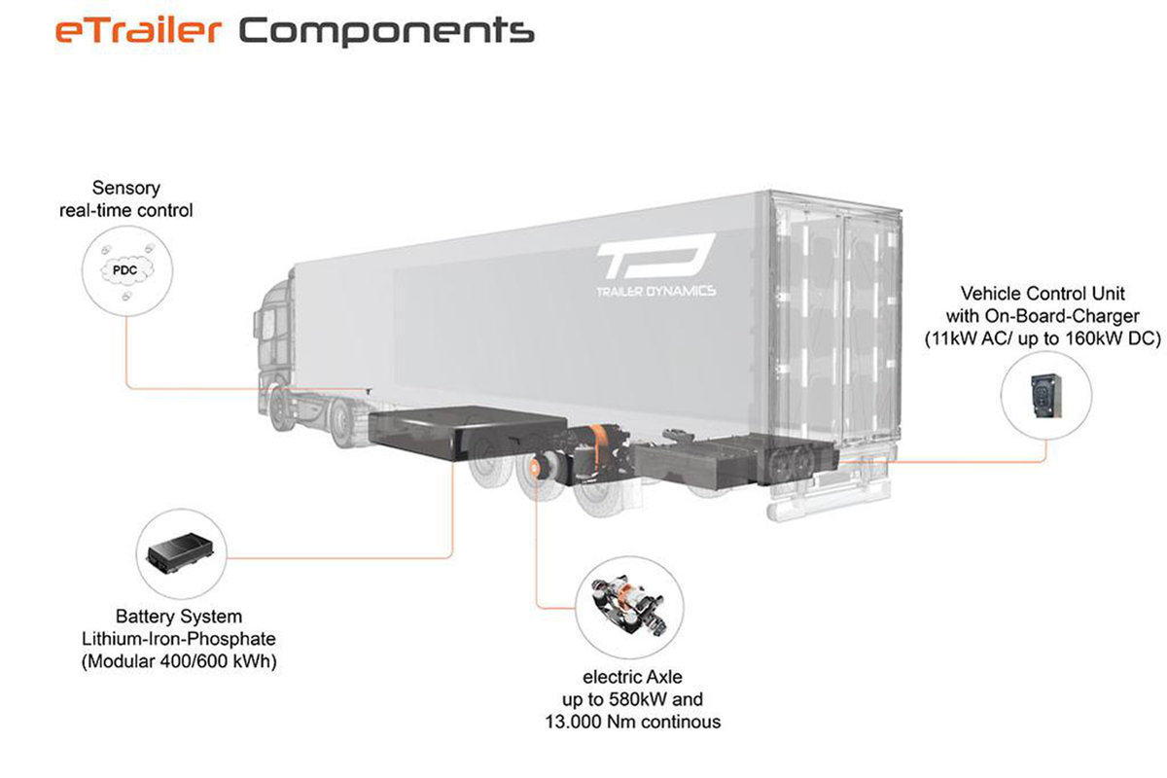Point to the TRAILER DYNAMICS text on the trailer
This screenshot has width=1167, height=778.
pyautogui.click(x=655, y=291)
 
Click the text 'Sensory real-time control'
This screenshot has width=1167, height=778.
pyautogui.click(x=126, y=197)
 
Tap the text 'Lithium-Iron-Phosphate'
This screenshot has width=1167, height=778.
pyautogui.click(x=179, y=640)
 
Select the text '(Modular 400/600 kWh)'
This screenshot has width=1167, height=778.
pyautogui.click(x=179, y=663)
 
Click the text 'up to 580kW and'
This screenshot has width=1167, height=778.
pyautogui.click(x=632, y=699)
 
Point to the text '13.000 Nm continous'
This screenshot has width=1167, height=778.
pyautogui.click(x=632, y=722)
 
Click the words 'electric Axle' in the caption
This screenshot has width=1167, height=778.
pyautogui.click(x=632, y=677)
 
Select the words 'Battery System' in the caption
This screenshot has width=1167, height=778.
pyautogui.click(x=179, y=617)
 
